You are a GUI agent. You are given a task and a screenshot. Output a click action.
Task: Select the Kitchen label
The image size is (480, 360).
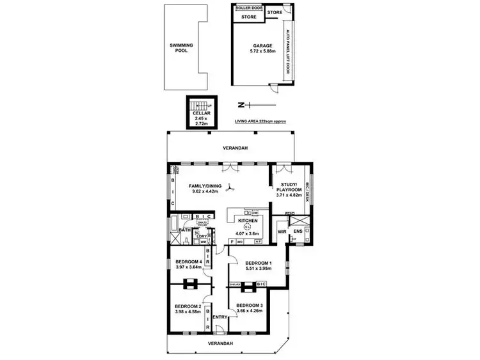pos(247,221)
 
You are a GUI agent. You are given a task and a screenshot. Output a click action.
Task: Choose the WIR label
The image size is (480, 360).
pos(282,232)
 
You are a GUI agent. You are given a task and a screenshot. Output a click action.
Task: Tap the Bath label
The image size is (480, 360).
pos(184,230)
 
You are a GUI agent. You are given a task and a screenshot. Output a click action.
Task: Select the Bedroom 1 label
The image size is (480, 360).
pos(259,263)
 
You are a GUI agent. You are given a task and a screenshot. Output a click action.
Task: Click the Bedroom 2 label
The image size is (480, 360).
pos(188,306)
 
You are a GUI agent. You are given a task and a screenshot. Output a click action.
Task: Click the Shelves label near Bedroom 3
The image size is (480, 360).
pos(235,284)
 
